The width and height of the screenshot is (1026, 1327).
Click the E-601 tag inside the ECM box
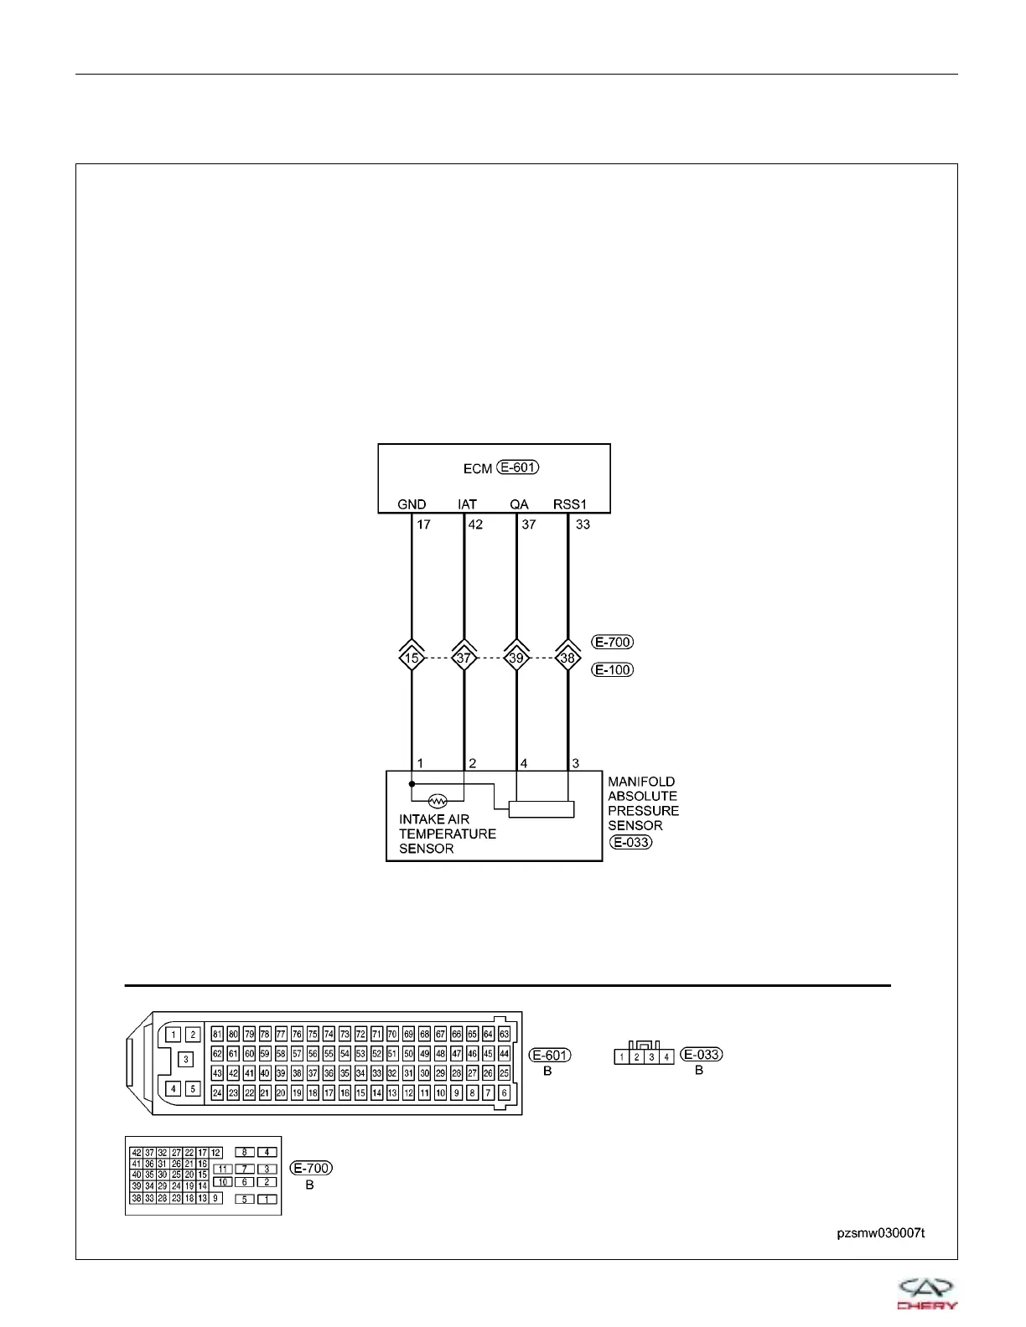point(518,467)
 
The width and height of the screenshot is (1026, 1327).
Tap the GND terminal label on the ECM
point(412,504)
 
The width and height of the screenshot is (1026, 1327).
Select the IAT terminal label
point(467,504)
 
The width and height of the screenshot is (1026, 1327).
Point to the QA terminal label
point(519,504)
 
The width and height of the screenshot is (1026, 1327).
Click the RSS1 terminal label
point(570,504)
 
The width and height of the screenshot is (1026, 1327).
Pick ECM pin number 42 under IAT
point(475,525)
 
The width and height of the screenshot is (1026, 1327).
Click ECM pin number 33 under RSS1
point(583,525)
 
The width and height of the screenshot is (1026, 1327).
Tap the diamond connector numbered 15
point(412,658)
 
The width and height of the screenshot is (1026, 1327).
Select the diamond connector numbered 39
point(516,658)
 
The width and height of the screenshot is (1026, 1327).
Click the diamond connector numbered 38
point(568,658)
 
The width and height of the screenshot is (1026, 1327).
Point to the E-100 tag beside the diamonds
point(613,670)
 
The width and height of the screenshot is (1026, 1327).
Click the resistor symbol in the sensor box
point(438,800)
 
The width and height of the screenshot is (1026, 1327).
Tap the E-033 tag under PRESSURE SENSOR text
point(631,842)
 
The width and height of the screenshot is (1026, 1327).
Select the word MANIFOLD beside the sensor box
point(641,782)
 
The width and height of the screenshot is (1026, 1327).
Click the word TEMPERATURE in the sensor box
point(447,834)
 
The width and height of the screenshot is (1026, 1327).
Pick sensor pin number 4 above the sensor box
point(524,763)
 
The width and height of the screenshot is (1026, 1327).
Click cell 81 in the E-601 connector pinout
point(217,1034)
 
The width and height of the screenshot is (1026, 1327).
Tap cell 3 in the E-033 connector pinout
point(651,1057)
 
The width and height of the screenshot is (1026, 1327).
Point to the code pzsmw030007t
point(880,1233)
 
